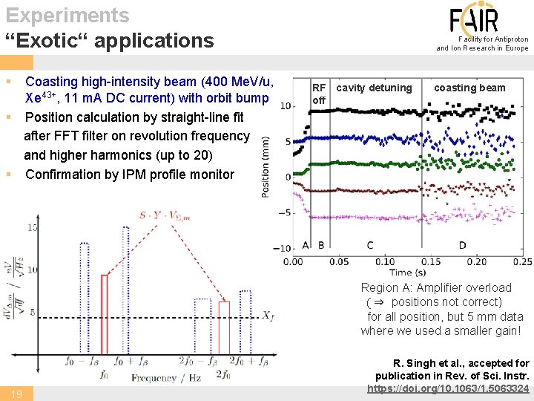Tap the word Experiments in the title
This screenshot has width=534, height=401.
[67, 15]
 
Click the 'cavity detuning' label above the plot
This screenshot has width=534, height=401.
[373, 88]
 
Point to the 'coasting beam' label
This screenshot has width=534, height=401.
[469, 88]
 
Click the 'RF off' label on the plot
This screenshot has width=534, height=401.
[319, 94]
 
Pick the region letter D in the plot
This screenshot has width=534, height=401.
[462, 245]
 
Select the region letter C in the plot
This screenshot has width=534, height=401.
[370, 245]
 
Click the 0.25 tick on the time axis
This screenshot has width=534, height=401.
[521, 261]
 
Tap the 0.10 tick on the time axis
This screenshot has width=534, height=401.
[385, 261]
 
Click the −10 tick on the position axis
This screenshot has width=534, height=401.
[282, 248]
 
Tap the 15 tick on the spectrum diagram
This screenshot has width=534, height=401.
[33, 227]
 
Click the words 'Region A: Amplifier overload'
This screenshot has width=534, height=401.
[436, 287]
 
